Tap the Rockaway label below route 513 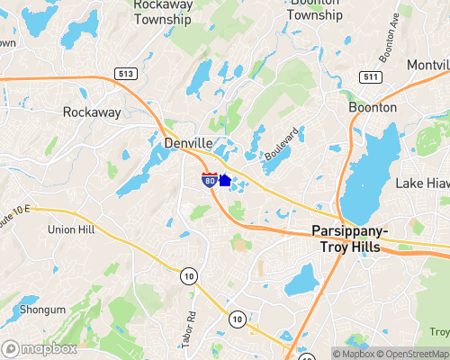click(91, 112)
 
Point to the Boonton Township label click(315, 9)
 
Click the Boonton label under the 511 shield click(372, 107)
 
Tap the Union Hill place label click(72, 229)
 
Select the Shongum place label click(42, 310)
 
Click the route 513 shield click(125, 72)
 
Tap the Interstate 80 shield click(208, 180)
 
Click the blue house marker click(225, 180)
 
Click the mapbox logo click(40, 348)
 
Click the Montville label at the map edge click(427, 66)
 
